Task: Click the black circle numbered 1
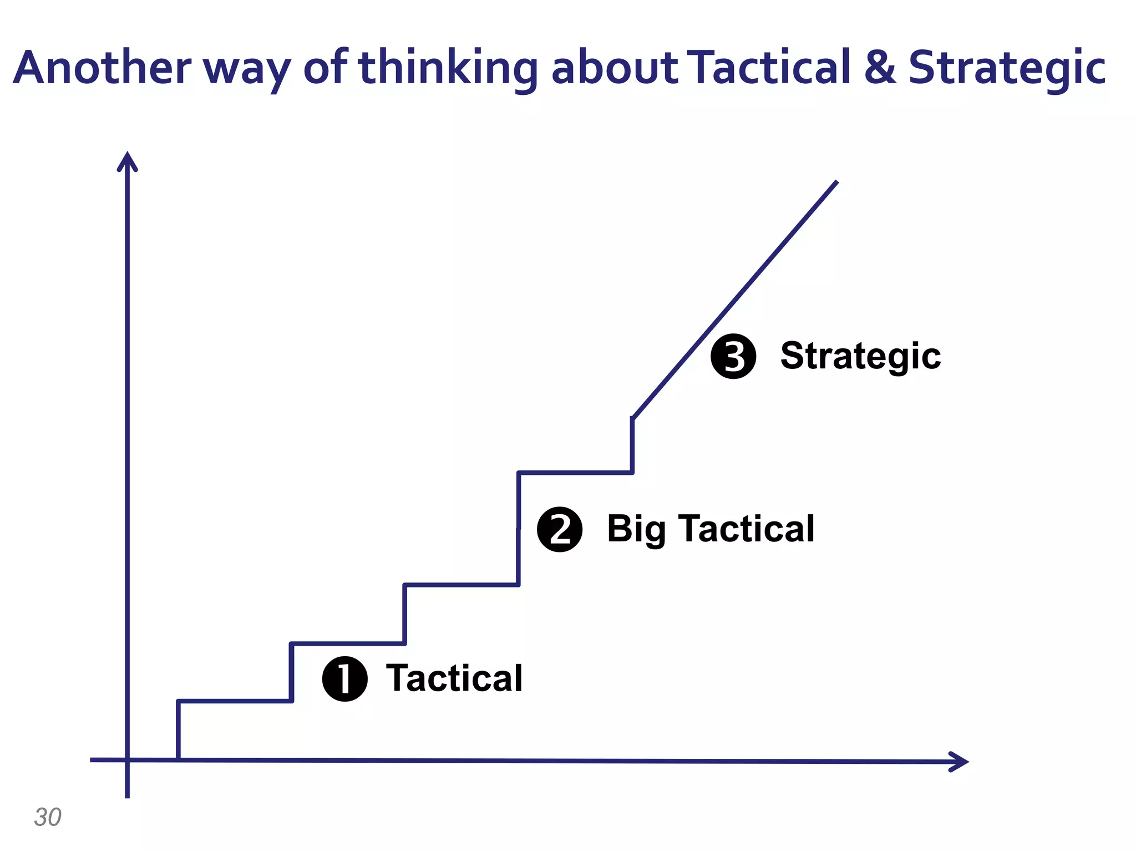tap(344, 678)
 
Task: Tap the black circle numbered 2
tap(560, 529)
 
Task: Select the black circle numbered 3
tap(733, 357)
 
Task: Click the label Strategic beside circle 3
tap(860, 356)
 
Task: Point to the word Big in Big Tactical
tap(636, 529)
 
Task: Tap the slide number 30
tap(48, 817)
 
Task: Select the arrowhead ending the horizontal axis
tap(960, 761)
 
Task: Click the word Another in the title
tap(102, 68)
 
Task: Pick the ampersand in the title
tap(880, 68)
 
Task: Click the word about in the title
tap(614, 68)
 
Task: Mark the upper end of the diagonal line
tap(836, 182)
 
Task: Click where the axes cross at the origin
tap(128, 760)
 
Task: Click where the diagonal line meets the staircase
tap(633, 418)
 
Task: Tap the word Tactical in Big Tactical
tap(748, 529)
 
